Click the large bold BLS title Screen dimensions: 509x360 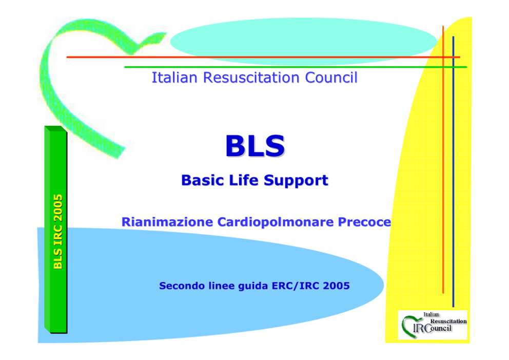click(255, 146)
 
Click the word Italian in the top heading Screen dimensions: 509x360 click(174, 78)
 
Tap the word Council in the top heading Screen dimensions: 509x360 click(331, 78)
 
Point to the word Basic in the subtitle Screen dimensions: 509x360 click(203, 180)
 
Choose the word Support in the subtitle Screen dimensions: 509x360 click(296, 181)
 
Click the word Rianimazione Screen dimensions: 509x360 click(167, 222)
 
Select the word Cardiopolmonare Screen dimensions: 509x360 click(276, 222)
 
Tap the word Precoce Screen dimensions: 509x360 click(364, 222)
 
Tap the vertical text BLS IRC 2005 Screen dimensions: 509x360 click(58, 232)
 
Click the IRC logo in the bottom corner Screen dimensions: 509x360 click(433, 325)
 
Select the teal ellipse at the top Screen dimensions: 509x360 click(304, 41)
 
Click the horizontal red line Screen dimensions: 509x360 click(263, 57)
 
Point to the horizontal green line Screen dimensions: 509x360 click(296, 67)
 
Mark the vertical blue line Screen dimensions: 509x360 click(453, 172)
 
